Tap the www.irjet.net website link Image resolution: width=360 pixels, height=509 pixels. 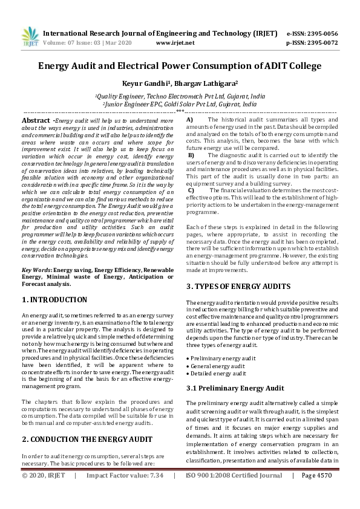click(175, 43)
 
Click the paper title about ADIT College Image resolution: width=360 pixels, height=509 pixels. click(180, 66)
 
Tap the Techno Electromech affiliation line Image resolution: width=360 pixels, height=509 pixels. click(180, 96)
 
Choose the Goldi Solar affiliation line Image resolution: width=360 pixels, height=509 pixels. click(180, 104)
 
